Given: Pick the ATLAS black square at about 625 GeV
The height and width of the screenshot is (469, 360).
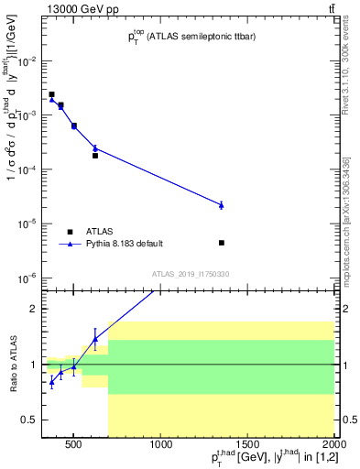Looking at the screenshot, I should pyautogui.click(x=94, y=156).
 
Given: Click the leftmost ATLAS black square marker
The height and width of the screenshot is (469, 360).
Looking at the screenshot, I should pyautogui.click(x=52, y=94).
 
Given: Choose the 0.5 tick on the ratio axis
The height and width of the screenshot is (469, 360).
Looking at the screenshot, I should pyautogui.click(x=30, y=420).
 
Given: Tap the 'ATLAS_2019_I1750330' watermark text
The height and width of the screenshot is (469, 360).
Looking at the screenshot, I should pyautogui.click(x=191, y=274).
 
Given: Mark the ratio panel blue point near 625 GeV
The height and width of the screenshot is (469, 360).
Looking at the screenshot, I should pyautogui.click(x=94, y=339).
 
